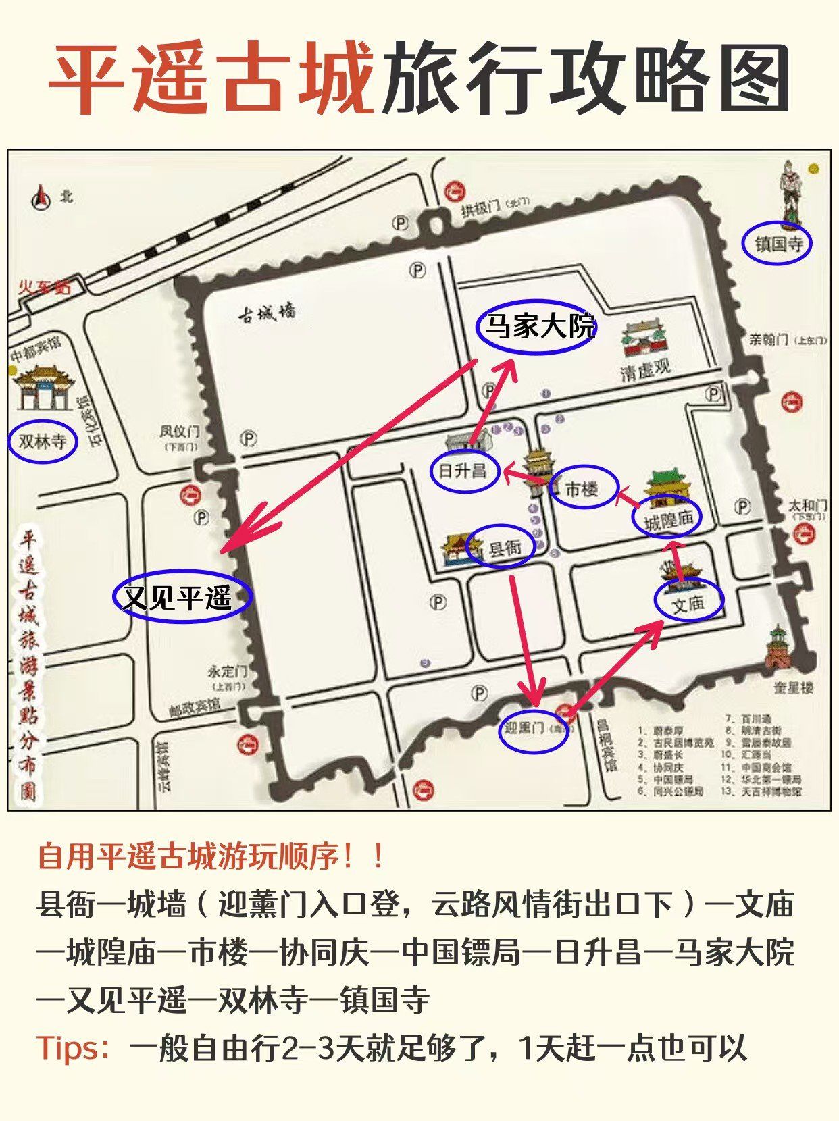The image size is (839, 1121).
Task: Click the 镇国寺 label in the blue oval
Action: pos(777,243)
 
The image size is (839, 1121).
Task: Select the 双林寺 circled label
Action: pos(43,442)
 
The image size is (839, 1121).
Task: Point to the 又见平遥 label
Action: pos(182,598)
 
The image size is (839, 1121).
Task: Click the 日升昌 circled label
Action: pos(463,471)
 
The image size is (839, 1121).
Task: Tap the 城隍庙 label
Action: pos(667,519)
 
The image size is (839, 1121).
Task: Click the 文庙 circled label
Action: pos(688,603)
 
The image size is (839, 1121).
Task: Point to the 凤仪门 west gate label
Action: pos(179,432)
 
